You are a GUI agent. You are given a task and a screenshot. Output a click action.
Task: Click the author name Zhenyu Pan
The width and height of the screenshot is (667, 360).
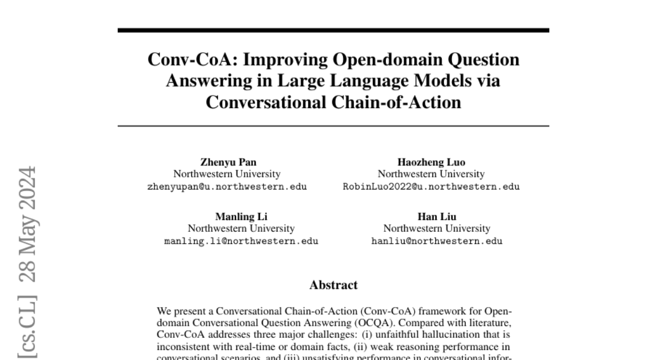pos(228,162)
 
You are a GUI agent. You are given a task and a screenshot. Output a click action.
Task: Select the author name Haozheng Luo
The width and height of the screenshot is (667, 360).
pos(431,162)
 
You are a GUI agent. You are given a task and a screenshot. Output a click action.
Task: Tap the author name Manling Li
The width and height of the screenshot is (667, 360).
pos(241,217)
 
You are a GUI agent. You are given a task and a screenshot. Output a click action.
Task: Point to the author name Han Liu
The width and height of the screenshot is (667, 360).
pos(437,217)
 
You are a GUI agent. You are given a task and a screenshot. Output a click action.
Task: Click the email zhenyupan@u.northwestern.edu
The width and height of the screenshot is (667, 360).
pos(227,187)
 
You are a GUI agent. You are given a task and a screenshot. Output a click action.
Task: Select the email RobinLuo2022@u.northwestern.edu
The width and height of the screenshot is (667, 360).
pos(431,187)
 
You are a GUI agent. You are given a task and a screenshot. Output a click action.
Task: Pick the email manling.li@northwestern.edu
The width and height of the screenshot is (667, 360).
pos(241,241)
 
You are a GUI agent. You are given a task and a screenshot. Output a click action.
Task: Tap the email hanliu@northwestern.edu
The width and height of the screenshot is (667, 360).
pos(437,241)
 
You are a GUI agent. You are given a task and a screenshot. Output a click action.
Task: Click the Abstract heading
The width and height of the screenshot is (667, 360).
pos(333,285)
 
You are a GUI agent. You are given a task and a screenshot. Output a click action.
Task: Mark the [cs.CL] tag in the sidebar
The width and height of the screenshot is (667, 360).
pos(27,328)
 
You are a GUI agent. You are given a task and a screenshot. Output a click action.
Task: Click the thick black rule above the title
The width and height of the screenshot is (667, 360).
pos(333,30)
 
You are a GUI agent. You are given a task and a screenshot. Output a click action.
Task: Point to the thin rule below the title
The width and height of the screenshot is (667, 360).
pos(333,127)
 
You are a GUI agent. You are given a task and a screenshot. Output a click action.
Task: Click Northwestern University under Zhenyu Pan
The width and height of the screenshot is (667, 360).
pos(227,174)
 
